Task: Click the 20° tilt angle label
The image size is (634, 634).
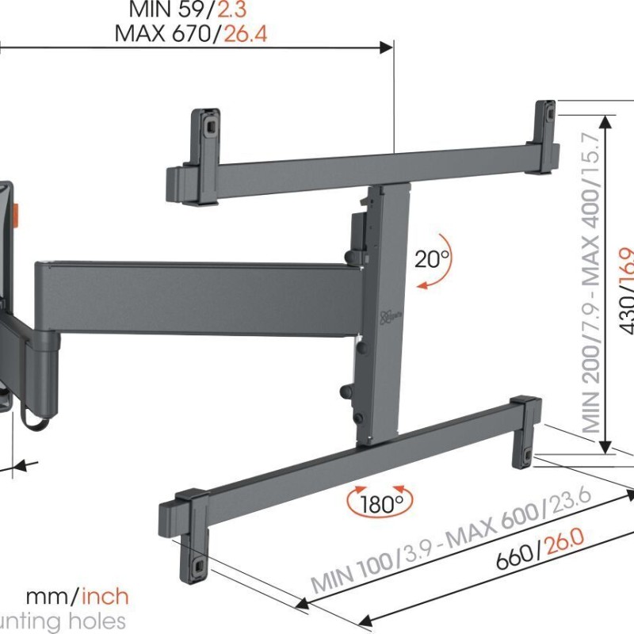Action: click(x=433, y=258)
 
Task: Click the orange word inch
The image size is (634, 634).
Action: click(x=105, y=596)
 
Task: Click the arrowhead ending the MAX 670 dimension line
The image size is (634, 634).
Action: click(x=388, y=48)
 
